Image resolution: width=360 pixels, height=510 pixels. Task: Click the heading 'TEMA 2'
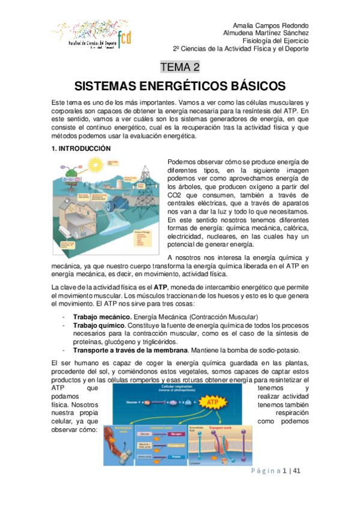tap(180, 67)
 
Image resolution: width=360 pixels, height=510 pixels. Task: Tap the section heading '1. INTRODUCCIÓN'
tap(81, 148)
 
